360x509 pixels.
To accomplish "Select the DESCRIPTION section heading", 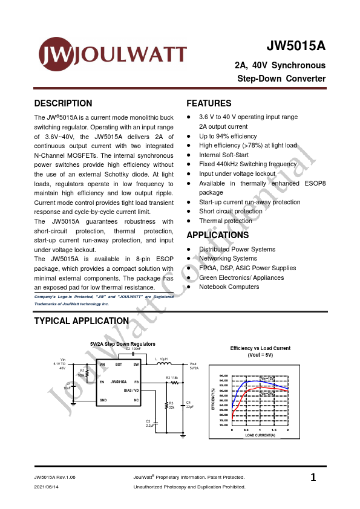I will [x=64, y=103].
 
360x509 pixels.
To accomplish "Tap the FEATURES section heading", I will [x=209, y=103].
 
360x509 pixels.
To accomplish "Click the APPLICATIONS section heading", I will [x=217, y=235].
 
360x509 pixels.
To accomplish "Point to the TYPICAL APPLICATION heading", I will [x=82, y=321].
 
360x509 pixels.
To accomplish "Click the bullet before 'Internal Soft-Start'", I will [x=189, y=155].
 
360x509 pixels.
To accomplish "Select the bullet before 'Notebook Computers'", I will [x=189, y=287].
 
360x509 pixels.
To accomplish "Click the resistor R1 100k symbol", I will [x=88, y=375].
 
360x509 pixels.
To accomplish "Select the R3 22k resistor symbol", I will [x=166, y=405].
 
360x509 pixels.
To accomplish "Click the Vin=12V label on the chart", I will [x=266, y=378].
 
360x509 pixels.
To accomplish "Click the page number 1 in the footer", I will [x=313, y=478].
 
